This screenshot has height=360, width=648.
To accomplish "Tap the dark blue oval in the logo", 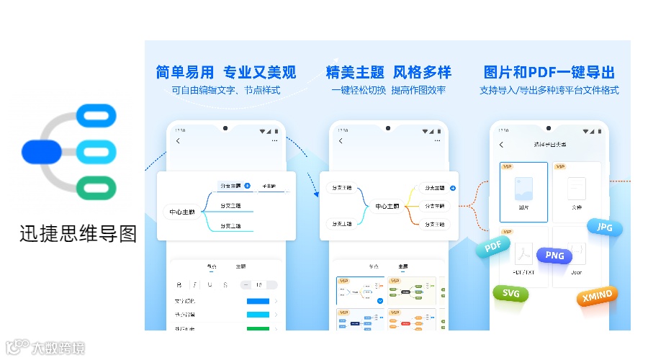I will [x=41, y=151].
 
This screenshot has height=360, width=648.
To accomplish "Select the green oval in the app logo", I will [x=95, y=188].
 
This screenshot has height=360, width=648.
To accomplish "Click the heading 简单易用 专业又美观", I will [x=226, y=72].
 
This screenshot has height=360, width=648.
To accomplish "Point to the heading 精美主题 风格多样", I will [x=389, y=72].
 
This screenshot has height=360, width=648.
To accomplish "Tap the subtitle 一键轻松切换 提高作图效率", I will [x=389, y=91].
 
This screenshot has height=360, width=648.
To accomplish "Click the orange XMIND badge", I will [x=597, y=295].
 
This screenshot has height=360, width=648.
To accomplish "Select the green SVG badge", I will [x=510, y=294].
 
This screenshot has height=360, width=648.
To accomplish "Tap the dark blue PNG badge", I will [x=554, y=255].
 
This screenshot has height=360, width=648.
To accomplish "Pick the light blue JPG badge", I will [x=603, y=228].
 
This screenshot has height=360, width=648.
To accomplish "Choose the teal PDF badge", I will [x=493, y=247].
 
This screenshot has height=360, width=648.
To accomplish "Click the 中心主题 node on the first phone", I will [x=182, y=212].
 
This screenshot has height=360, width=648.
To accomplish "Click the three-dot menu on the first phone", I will [x=274, y=142].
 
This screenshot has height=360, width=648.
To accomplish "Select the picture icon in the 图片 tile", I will [x=523, y=189].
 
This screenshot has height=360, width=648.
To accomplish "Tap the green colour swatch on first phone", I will [x=258, y=328].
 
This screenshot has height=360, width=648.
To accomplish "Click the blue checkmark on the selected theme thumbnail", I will [x=379, y=301].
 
